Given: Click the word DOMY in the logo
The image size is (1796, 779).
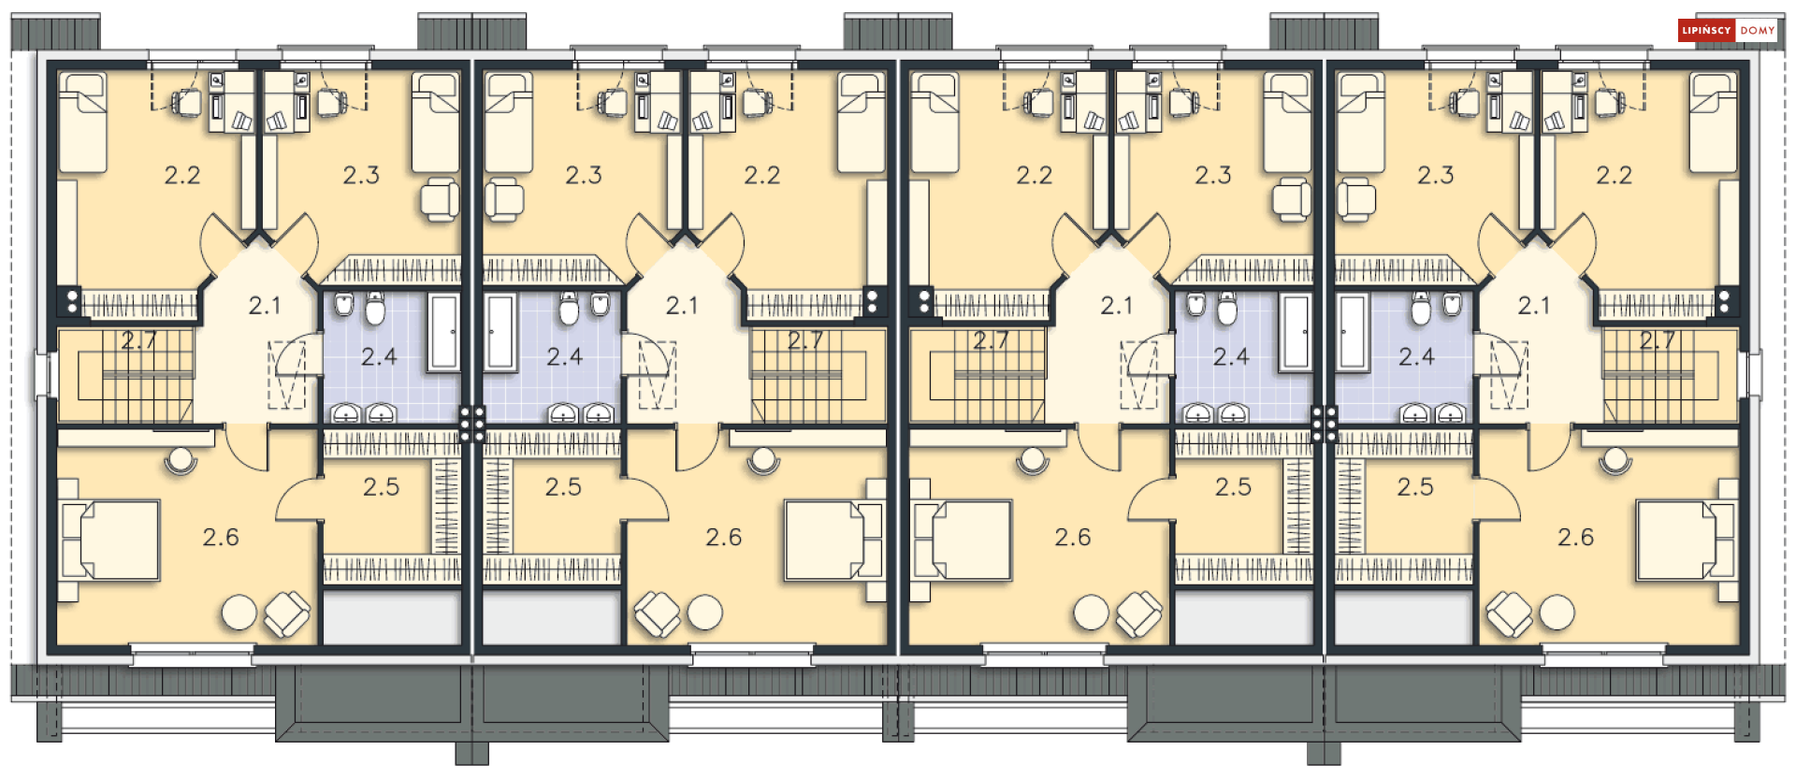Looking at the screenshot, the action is coord(1757,31).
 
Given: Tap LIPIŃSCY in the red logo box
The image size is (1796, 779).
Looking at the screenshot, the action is coord(1706,31).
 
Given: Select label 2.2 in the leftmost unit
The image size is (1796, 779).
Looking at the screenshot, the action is coord(182,175).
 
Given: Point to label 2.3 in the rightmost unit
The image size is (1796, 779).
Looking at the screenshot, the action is coord(1436,175).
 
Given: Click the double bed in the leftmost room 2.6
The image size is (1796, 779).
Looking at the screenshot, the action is coord(110,541).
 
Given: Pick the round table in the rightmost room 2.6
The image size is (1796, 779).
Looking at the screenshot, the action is coord(1557,613).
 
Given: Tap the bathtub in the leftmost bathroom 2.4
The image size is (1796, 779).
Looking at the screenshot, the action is coord(444,332).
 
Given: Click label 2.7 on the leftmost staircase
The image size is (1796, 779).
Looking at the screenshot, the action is coord(138,341).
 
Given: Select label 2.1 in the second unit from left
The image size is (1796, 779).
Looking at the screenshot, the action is coord(682,306).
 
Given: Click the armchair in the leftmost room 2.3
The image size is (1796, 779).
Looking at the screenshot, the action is coord(440,199).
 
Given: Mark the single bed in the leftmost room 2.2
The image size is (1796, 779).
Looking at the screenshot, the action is coord(82,123).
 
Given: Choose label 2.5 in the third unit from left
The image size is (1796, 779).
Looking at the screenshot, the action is coord(1233,486).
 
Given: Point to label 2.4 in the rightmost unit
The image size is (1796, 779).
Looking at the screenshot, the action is coord(1416,356).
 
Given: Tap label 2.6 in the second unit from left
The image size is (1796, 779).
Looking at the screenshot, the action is coord(724,537).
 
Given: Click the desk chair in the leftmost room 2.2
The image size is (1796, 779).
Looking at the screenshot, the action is coord(186,101).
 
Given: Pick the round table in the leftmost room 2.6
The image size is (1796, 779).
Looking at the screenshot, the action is coord(239,613).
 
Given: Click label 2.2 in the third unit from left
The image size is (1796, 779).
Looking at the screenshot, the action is coord(1035,175).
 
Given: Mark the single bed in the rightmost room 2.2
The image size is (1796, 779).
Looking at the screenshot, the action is coord(1713,123).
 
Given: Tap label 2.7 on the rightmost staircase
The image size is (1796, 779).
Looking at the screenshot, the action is coord(1658,341).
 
